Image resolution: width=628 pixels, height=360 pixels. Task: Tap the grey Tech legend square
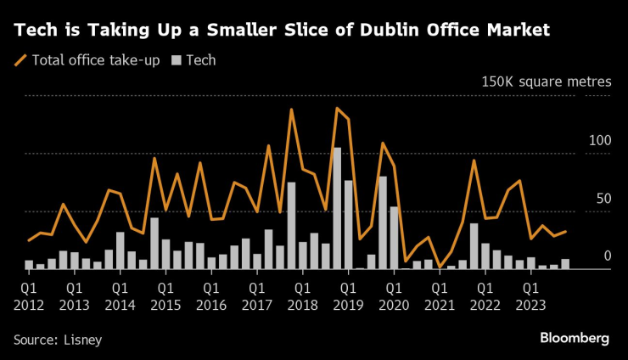176,60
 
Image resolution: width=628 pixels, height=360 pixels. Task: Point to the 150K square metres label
546,82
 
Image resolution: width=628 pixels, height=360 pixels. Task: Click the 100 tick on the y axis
600,140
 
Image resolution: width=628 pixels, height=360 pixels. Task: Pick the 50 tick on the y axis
603,198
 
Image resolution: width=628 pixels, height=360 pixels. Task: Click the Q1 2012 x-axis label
29,296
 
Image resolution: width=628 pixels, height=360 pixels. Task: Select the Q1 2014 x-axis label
120,296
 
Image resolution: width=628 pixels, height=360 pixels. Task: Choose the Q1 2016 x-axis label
211,296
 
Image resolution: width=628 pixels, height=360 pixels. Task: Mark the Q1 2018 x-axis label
303,296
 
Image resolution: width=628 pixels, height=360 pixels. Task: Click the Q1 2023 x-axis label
531,296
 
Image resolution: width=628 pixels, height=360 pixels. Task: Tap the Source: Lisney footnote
58,340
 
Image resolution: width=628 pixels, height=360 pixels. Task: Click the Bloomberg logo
575,338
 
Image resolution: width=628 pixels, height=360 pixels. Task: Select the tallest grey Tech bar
337,208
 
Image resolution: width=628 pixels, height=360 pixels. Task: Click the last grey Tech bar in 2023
565,264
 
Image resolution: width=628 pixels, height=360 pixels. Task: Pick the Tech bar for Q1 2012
29,264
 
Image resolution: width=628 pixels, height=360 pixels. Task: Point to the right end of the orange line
566,231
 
